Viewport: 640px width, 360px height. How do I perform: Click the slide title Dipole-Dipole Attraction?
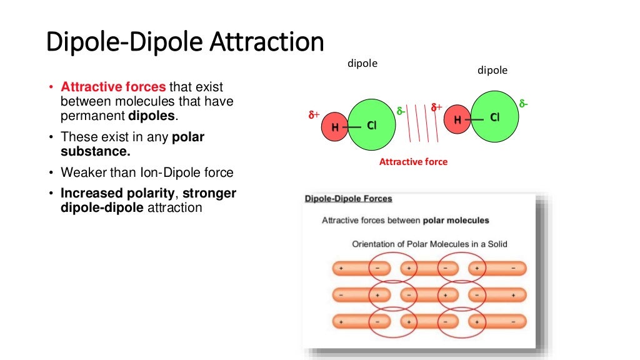click(x=186, y=43)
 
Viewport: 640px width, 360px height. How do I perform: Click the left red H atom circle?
click(x=335, y=127)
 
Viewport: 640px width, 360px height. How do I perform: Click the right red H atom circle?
click(x=457, y=120)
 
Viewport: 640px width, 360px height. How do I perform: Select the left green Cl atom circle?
click(x=371, y=126)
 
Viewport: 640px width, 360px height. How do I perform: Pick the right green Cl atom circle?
click(x=494, y=117)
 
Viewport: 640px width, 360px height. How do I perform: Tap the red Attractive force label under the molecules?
click(x=413, y=161)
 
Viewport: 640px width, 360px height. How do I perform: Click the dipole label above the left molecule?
click(x=362, y=64)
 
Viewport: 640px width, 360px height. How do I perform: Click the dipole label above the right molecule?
click(x=492, y=70)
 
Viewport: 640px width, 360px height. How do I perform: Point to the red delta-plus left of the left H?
click(x=314, y=115)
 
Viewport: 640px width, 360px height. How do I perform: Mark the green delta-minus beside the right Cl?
click(x=523, y=103)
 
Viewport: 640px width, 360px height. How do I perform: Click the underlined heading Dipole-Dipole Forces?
click(x=348, y=199)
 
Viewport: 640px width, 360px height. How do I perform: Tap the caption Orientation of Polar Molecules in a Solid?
click(x=429, y=244)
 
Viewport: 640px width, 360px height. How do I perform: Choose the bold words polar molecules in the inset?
click(x=456, y=221)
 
